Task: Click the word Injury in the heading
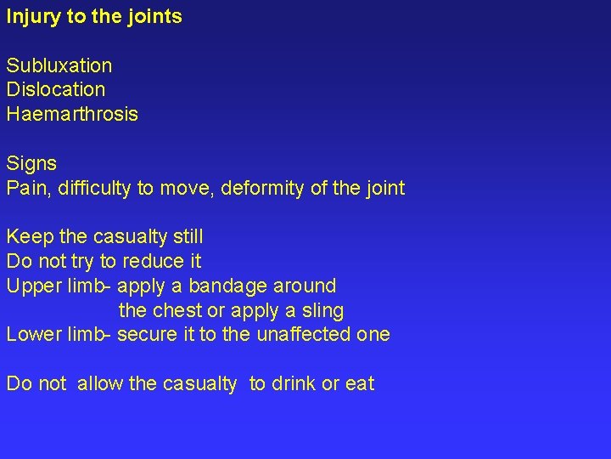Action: (x=32, y=16)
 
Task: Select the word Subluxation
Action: (x=59, y=65)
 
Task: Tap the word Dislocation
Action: (x=56, y=89)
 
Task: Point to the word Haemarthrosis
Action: (x=72, y=114)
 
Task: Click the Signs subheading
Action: (x=31, y=163)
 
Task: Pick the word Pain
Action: (x=26, y=188)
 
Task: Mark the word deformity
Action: (x=261, y=188)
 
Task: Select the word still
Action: (x=187, y=236)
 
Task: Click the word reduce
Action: (x=154, y=261)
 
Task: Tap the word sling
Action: (x=322, y=310)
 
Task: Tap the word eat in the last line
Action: (x=360, y=384)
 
